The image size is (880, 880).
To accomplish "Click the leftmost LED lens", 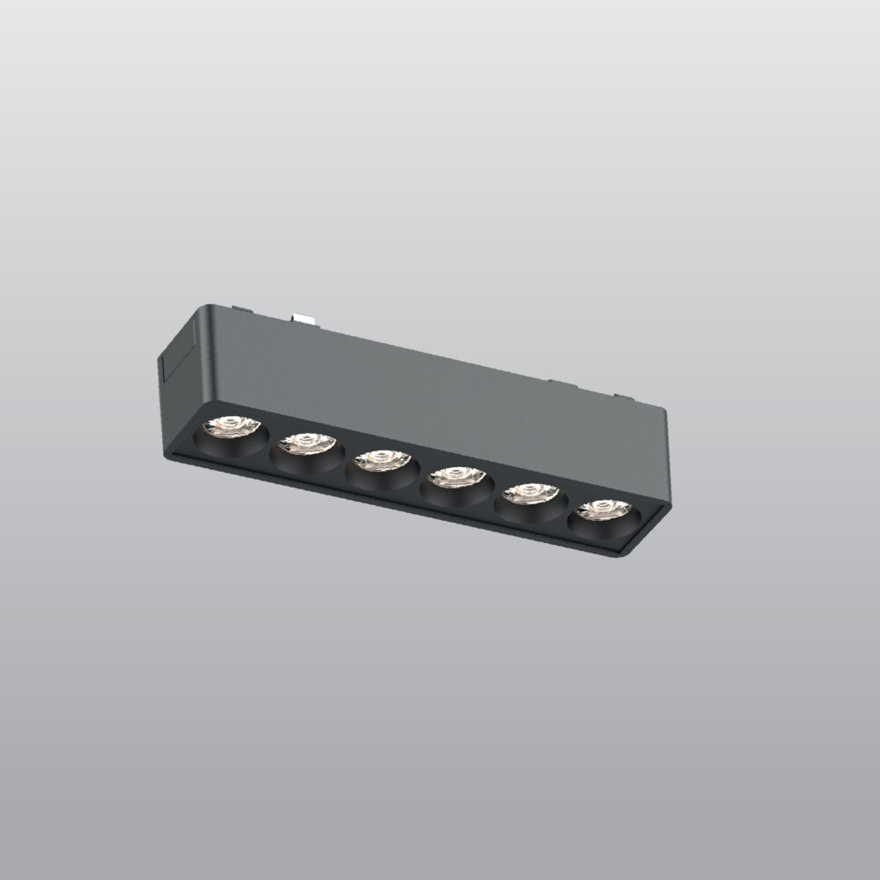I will (x=231, y=427).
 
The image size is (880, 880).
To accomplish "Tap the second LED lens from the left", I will (x=306, y=444).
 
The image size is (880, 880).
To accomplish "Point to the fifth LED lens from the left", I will (x=531, y=494).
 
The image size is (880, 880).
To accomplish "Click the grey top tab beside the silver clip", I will (x=239, y=309).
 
